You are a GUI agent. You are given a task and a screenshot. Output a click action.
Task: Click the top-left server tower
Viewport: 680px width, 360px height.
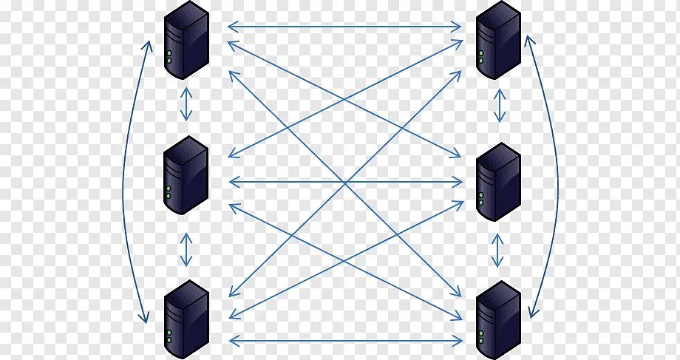pyautogui.click(x=186, y=40)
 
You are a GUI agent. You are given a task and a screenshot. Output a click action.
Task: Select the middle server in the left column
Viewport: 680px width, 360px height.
pyautogui.click(x=186, y=175)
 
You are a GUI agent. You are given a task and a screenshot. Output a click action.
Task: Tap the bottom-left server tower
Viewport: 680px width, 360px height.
pyautogui.click(x=186, y=319)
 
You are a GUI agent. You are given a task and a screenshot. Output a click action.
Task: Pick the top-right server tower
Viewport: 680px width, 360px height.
pyautogui.click(x=498, y=40)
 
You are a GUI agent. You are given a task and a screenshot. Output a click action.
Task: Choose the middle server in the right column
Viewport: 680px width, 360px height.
pyautogui.click(x=498, y=182)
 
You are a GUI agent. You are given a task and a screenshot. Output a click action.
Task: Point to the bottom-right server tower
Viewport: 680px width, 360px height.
pyautogui.click(x=498, y=319)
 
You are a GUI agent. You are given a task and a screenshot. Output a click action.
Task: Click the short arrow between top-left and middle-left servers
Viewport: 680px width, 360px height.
pyautogui.click(x=186, y=105)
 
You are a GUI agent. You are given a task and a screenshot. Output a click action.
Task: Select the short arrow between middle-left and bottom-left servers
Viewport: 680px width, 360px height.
pyautogui.click(x=186, y=249)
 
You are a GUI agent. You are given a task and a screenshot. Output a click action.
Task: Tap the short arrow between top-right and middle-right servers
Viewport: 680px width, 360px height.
pyautogui.click(x=500, y=105)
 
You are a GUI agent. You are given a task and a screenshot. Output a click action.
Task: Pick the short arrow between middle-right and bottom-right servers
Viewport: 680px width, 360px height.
pyautogui.click(x=499, y=251)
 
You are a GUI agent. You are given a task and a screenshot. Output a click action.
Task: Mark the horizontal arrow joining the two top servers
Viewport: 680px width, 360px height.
pyautogui.click(x=344, y=27)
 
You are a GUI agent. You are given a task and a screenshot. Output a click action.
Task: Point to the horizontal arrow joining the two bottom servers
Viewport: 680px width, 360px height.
pyautogui.click(x=344, y=341)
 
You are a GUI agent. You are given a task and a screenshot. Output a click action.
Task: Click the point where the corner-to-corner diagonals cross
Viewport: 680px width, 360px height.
pyautogui.click(x=344, y=182)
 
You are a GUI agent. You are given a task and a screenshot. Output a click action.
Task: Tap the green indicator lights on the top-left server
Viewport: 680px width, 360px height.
pyautogui.click(x=170, y=57)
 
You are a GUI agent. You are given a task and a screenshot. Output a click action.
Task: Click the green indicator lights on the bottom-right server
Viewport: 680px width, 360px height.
pyautogui.click(x=481, y=337)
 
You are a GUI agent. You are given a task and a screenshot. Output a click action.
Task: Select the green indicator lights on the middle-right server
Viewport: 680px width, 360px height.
pyautogui.click(x=481, y=199)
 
